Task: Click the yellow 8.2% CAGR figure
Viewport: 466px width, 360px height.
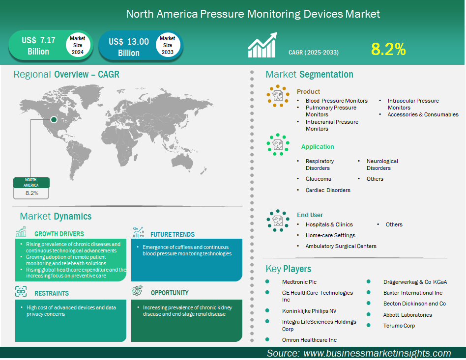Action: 388,49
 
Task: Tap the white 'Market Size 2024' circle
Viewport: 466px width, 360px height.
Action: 78,45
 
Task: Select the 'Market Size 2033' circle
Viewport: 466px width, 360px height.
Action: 168,45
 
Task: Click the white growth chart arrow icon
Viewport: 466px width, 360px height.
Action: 262,45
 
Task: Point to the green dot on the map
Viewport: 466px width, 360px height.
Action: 54,119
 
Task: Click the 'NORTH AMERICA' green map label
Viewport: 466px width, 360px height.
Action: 31,182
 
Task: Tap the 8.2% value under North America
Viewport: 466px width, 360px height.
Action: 32,193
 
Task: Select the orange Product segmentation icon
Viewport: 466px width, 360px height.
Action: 278,96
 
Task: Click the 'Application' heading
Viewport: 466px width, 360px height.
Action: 318,146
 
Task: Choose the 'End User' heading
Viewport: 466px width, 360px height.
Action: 310,215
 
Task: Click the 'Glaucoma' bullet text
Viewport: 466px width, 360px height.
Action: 319,179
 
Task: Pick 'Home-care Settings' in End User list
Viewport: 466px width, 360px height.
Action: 330,235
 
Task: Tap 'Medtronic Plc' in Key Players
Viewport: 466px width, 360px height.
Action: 299,282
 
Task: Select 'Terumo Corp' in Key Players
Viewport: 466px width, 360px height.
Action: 399,326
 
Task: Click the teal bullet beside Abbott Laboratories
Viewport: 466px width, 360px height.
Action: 369,314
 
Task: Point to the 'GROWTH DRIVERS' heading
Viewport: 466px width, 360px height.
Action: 59,234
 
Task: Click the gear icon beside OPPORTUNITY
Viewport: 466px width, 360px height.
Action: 137,290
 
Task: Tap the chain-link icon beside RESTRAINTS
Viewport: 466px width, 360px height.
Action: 21,291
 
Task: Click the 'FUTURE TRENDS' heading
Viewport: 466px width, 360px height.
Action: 173,234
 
